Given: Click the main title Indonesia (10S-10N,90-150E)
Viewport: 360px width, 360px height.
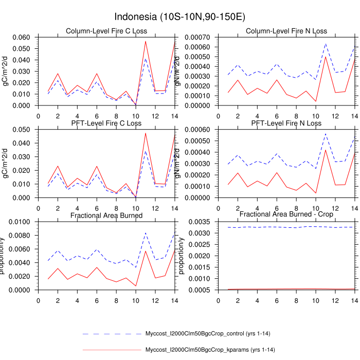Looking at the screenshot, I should [x=179, y=17].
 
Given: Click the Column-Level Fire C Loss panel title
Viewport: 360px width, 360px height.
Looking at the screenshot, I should [x=106, y=31].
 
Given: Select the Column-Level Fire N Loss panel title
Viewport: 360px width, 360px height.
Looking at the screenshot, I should [x=286, y=31].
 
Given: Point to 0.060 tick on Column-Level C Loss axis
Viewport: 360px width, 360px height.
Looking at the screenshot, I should [x=23, y=38].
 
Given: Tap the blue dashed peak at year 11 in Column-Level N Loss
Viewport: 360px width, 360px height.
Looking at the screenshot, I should [x=326, y=44].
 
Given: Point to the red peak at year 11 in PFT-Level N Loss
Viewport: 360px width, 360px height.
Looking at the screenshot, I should [x=326, y=150].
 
